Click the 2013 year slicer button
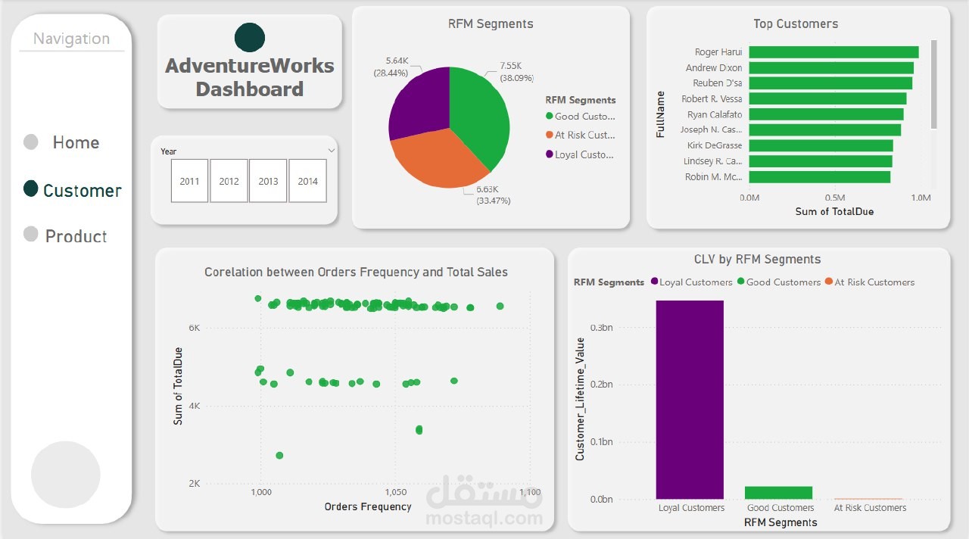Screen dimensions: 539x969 point(268,181)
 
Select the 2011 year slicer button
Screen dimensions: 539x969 point(189,181)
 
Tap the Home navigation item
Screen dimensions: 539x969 point(76,142)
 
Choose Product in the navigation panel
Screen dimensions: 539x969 point(76,236)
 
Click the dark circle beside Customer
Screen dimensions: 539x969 point(31,188)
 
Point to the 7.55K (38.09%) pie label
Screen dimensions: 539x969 point(516,71)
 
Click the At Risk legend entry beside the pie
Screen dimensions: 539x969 point(584,135)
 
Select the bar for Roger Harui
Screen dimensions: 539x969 point(833,52)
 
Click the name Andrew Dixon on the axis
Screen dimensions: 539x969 point(714,68)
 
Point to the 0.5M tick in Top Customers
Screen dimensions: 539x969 point(835,198)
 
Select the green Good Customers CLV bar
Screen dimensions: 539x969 point(778,493)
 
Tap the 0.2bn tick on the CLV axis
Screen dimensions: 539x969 point(602,385)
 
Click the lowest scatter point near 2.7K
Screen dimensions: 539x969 point(279,455)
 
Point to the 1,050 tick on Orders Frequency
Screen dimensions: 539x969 point(395,492)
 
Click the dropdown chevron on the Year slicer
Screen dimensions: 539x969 point(331,151)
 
